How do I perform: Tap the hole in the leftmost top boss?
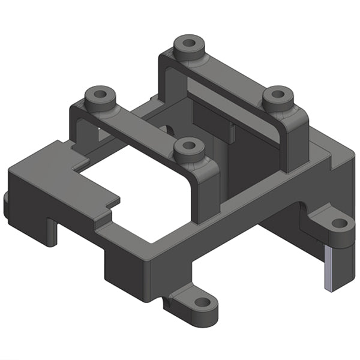click(100, 94)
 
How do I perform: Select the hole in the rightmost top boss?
click(278, 94)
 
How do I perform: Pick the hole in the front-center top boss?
click(189, 145)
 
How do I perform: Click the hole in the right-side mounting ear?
click(340, 223)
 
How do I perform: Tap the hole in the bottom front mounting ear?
click(202, 303)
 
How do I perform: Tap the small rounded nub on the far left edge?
click(6, 204)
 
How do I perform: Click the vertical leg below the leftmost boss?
click(80, 129)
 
